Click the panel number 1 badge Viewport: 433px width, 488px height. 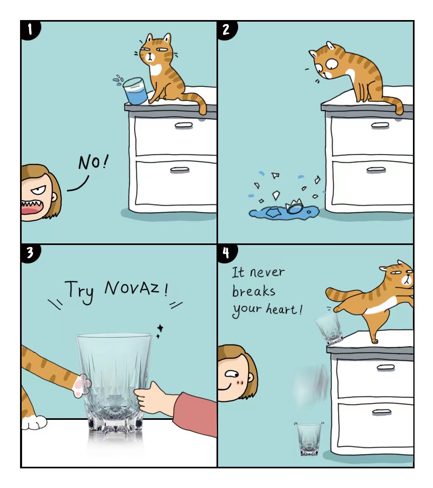point(30,30)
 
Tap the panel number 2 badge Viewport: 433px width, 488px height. point(227,30)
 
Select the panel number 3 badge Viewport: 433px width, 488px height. point(30,253)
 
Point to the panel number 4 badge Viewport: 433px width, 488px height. point(227,253)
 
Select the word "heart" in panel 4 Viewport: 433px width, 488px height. point(281,309)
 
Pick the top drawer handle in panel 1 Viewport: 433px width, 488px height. point(184,125)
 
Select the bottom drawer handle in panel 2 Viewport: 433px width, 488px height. point(376,170)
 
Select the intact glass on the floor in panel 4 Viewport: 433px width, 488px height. point(309,439)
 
